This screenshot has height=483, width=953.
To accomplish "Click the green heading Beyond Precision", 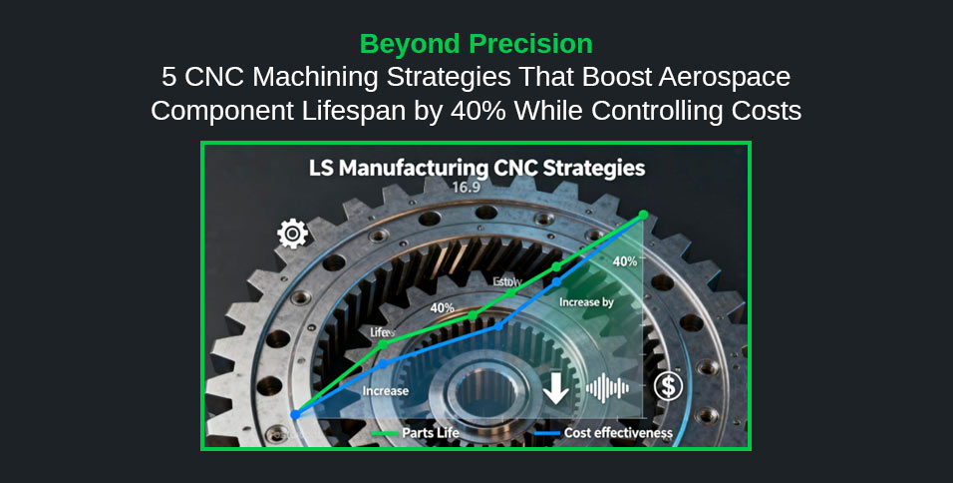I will pyautogui.click(x=476, y=44).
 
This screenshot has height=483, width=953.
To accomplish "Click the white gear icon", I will pyautogui.click(x=293, y=235).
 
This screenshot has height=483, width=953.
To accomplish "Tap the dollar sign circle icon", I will pyautogui.click(x=668, y=386).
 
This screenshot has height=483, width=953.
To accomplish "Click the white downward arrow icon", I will pyautogui.click(x=556, y=388).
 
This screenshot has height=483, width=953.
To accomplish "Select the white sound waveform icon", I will pyautogui.click(x=608, y=387).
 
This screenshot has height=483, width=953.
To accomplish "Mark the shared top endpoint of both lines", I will pyautogui.click(x=643, y=215).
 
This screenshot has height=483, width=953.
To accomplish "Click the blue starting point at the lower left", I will pyautogui.click(x=295, y=413).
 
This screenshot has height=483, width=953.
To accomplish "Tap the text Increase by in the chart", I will pyautogui.click(x=586, y=301).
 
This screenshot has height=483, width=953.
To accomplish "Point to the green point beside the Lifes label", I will pyautogui.click(x=384, y=345).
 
